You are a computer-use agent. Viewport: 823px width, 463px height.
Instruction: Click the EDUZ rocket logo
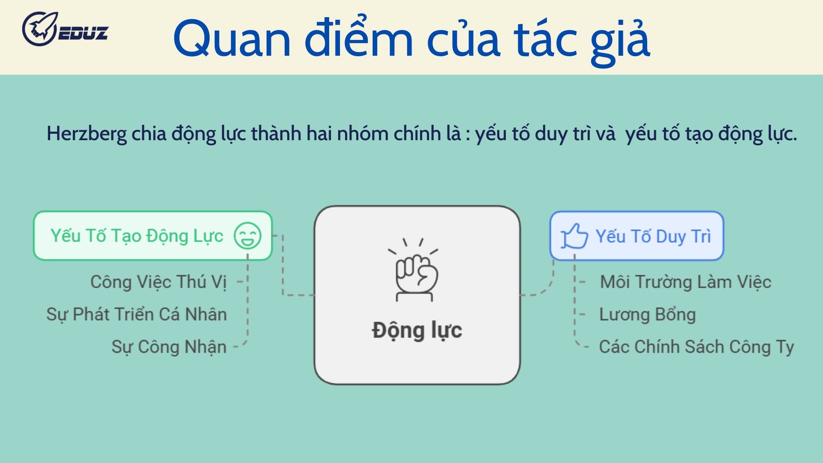click(64, 29)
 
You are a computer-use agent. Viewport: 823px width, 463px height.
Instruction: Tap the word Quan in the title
click(232, 39)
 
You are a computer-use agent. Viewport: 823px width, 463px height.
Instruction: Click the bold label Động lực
click(417, 331)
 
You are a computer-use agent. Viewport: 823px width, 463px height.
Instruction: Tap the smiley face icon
click(247, 235)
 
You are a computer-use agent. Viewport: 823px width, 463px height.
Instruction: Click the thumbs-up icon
click(574, 236)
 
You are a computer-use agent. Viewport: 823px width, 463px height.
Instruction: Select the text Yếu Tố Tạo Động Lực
click(137, 236)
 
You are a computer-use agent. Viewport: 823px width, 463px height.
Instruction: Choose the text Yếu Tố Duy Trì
click(653, 236)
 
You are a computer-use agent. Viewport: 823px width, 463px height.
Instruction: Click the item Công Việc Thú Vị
click(158, 282)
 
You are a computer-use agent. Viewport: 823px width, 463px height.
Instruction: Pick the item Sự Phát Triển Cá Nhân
click(136, 314)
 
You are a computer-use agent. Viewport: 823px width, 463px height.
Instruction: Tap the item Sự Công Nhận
click(169, 346)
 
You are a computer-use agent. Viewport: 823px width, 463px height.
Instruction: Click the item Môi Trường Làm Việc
click(685, 282)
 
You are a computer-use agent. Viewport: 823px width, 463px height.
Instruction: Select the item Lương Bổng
click(647, 314)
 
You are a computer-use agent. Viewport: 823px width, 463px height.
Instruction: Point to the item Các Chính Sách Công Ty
click(696, 346)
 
